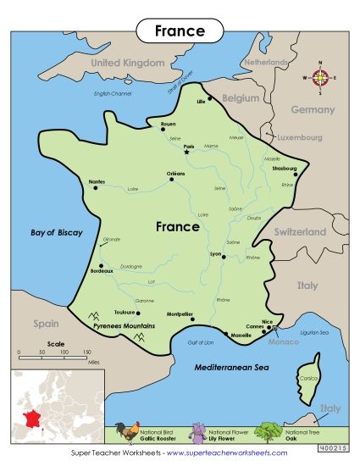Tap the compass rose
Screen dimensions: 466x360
(320, 78)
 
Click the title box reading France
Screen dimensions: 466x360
(180, 31)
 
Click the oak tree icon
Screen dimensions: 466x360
(269, 432)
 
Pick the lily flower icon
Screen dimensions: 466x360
(199, 432)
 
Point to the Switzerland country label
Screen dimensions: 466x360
(299, 231)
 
